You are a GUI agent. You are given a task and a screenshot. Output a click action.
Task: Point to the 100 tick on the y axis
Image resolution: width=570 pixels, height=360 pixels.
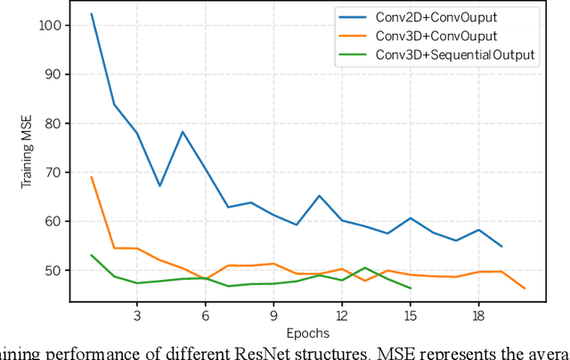[49, 25]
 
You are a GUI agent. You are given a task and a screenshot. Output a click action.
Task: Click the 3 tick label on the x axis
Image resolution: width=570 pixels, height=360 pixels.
[137, 315]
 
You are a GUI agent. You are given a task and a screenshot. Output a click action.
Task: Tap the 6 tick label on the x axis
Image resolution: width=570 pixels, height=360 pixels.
[205, 315]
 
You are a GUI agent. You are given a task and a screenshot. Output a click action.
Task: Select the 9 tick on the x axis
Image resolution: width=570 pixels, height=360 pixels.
[273, 315]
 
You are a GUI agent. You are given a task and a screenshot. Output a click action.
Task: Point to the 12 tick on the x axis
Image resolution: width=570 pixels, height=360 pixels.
[342, 315]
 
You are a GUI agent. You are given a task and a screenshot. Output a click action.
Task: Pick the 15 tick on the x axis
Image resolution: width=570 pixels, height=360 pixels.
[410, 315]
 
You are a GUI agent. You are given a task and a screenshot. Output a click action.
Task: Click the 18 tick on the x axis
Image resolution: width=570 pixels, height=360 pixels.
[478, 315]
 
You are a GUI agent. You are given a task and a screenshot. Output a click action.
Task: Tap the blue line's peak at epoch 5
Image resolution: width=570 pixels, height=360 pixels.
[183, 132]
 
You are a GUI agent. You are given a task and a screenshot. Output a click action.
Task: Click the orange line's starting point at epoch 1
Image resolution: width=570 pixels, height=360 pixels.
[92, 176]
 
